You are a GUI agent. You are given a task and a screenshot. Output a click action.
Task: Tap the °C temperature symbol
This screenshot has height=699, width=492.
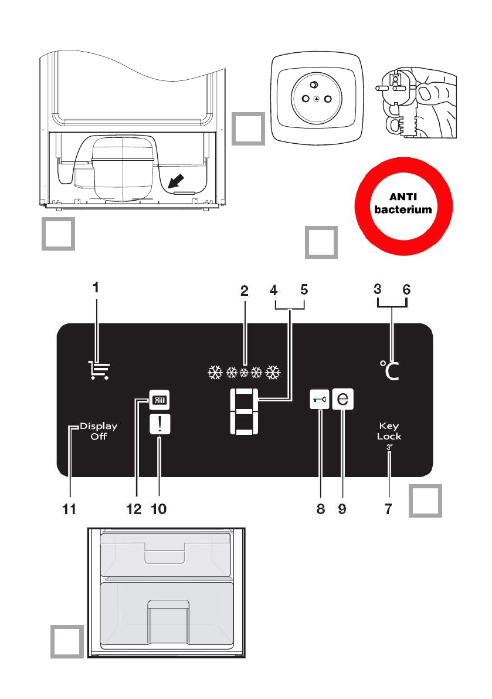tap(389, 370)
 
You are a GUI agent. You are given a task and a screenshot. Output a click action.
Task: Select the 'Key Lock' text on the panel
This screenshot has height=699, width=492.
tap(390, 431)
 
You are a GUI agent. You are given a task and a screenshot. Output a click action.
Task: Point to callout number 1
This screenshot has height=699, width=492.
tap(97, 289)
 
